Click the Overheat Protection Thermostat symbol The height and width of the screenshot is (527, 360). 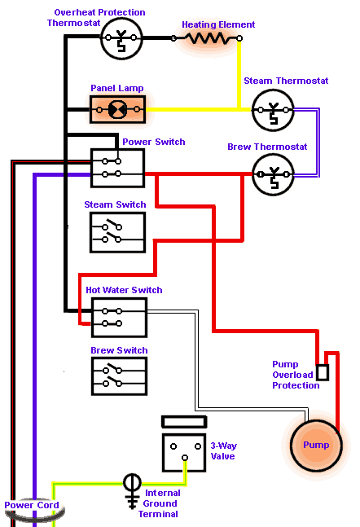[x=121, y=38]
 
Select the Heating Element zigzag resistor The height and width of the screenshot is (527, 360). [x=209, y=38]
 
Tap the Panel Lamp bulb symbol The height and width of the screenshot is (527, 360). [x=117, y=110]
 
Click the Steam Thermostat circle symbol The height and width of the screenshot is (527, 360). [x=273, y=110]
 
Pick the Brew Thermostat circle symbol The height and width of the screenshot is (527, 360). [x=273, y=174]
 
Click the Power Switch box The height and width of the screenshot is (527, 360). [x=117, y=168]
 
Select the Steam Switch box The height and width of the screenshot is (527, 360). [x=117, y=232]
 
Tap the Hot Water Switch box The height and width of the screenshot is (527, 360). [x=120, y=318]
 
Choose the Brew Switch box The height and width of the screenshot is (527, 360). [x=120, y=376]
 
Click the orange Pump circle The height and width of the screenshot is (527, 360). [x=316, y=445]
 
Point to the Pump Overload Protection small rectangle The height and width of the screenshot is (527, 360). [x=323, y=372]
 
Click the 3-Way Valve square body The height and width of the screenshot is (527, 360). [x=184, y=453]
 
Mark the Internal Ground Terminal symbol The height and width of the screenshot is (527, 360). [x=132, y=490]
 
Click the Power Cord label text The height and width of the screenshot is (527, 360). [x=32, y=505]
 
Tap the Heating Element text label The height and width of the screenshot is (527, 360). [x=218, y=24]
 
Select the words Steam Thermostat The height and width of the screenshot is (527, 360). [x=286, y=81]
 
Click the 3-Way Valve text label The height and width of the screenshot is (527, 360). [x=223, y=451]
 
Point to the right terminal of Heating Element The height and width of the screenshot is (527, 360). [x=239, y=38]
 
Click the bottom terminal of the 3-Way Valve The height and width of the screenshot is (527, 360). [x=185, y=458]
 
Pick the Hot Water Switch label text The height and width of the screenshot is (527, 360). [x=124, y=290]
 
